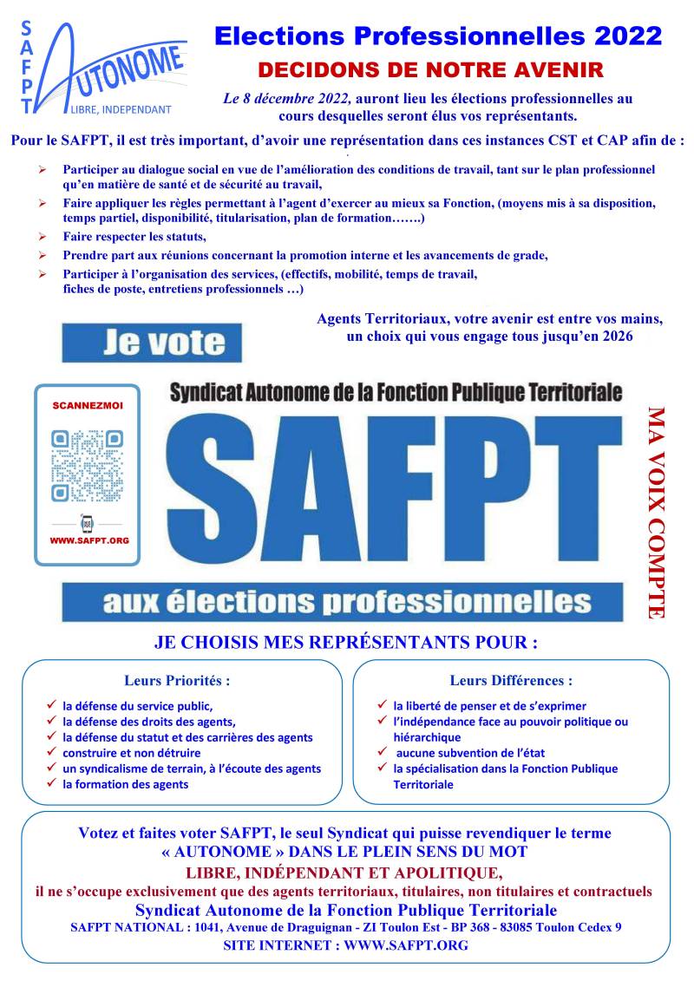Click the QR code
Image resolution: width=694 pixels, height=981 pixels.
pos(87,467)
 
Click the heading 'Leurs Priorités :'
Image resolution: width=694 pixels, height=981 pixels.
pos(177,681)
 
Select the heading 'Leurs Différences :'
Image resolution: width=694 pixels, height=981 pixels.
pos(511,681)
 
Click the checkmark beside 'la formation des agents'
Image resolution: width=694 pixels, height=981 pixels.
pos(51,783)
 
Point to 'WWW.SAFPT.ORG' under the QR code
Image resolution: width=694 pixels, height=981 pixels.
pos(89,540)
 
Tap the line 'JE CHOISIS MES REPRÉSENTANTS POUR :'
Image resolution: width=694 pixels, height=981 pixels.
pos(345,644)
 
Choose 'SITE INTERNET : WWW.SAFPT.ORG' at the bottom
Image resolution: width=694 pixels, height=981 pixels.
pos(345,945)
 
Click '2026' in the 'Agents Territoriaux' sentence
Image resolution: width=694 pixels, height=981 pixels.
pos(614,336)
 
